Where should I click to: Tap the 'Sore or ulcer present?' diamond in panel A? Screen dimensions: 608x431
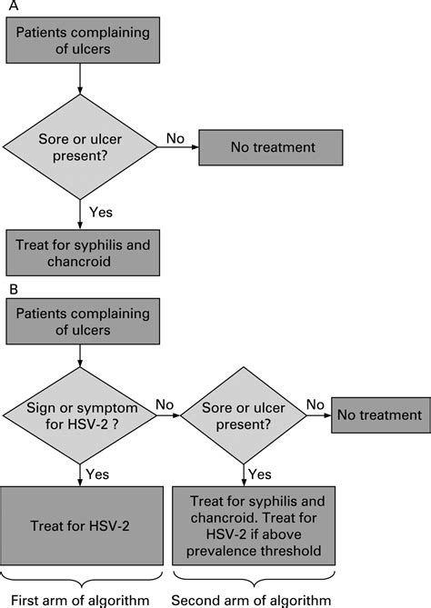(81, 148)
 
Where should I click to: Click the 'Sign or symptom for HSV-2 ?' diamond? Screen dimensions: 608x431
(81, 416)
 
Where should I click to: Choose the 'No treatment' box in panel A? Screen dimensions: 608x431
(272, 146)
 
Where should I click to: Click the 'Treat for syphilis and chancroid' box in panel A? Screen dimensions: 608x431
(81, 253)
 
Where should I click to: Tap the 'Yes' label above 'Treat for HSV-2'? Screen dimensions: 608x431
(99, 474)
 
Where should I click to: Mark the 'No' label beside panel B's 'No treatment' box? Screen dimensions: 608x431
(315, 403)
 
